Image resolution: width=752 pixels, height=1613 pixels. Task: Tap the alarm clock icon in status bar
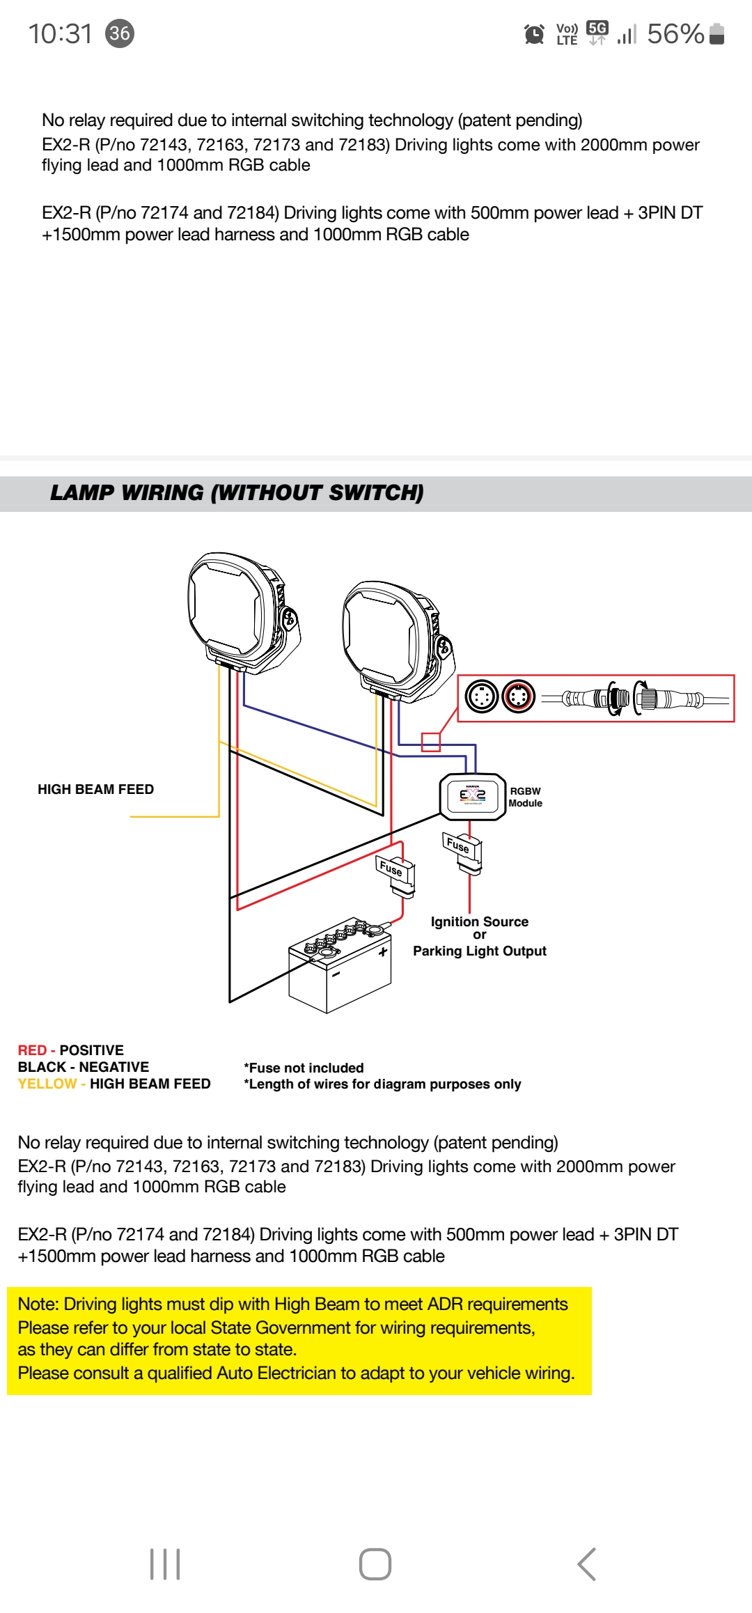click(x=534, y=33)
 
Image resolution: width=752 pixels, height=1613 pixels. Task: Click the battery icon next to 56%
click(x=716, y=33)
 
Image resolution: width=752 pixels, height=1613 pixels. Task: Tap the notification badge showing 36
click(x=120, y=33)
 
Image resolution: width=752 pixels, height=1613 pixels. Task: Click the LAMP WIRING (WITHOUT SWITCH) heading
click(x=237, y=493)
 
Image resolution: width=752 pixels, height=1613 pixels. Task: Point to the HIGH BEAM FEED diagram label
click(x=95, y=789)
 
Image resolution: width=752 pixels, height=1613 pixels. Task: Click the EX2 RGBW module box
click(x=472, y=797)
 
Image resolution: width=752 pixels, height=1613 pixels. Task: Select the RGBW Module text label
click(x=525, y=797)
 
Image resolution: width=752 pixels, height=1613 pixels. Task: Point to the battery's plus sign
click(x=382, y=951)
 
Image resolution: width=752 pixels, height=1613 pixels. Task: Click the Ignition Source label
click(x=479, y=921)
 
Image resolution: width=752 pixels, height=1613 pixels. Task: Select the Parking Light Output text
click(x=479, y=951)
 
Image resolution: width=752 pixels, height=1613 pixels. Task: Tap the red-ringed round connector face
click(x=518, y=696)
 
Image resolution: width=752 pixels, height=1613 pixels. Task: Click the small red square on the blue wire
click(x=431, y=742)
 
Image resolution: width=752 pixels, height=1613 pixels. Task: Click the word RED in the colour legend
click(x=32, y=1050)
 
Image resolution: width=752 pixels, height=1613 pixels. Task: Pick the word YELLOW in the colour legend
click(x=47, y=1084)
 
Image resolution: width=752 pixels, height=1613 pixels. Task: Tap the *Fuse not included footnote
click(x=304, y=1068)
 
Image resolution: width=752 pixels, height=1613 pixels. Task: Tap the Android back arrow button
click(x=586, y=1564)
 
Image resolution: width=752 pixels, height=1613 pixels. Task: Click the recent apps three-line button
click(x=165, y=1564)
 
